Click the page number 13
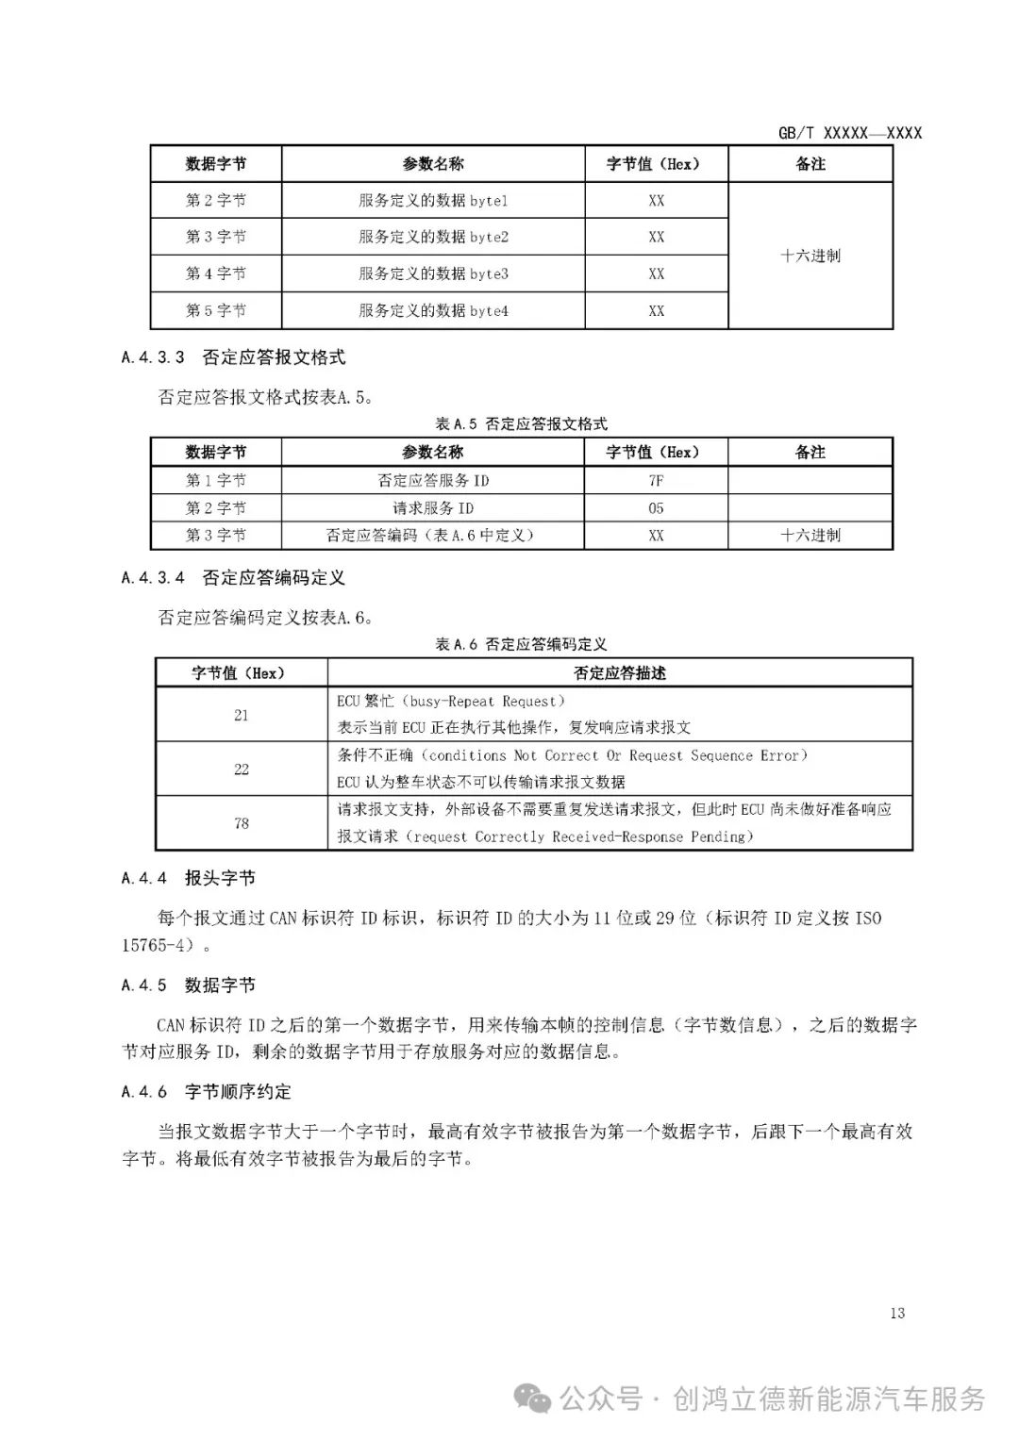896,1313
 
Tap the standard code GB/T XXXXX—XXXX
849,133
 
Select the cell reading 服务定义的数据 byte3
433,273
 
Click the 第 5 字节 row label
216,310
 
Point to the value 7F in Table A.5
656,480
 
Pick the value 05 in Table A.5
656,507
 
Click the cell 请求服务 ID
433,507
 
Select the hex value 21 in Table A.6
242,715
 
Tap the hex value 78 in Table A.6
242,823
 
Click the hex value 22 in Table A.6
242,770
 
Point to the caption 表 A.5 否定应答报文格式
521,423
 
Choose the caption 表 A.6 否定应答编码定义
521,644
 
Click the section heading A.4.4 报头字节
189,878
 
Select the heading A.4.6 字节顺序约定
207,1091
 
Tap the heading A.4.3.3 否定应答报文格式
234,357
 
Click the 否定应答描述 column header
620,672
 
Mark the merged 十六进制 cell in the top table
810,256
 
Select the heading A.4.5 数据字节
189,985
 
